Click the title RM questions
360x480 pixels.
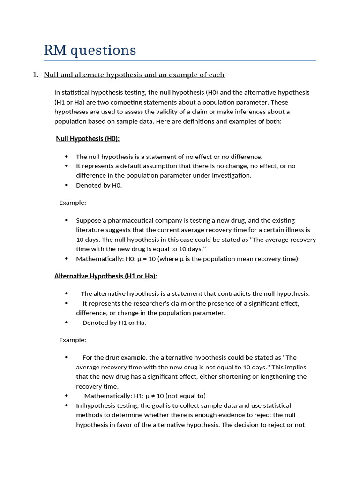[x=90, y=50]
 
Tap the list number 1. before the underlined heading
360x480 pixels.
[x=36, y=75]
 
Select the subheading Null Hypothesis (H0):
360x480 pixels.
[x=88, y=139]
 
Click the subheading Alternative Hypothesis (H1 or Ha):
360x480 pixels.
[x=106, y=276]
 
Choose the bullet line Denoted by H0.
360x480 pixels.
[x=99, y=185]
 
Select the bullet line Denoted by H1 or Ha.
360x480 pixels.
[x=114, y=322]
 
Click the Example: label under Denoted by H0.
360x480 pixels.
[x=73, y=203]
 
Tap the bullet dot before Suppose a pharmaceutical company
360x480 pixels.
[x=67, y=220]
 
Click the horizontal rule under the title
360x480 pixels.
[x=180, y=61]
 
